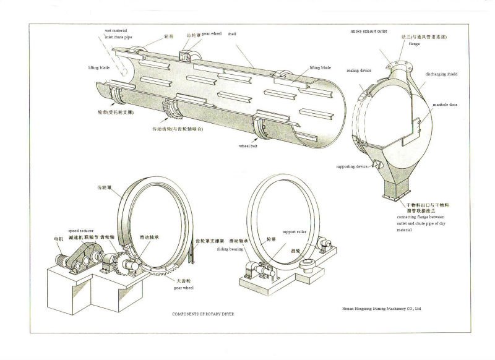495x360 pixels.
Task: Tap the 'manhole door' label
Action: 444,105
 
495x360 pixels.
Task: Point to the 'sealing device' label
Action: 359,71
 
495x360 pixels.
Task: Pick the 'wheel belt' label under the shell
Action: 248,147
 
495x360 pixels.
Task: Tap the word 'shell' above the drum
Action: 232,34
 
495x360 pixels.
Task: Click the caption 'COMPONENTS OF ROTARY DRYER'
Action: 203,314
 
